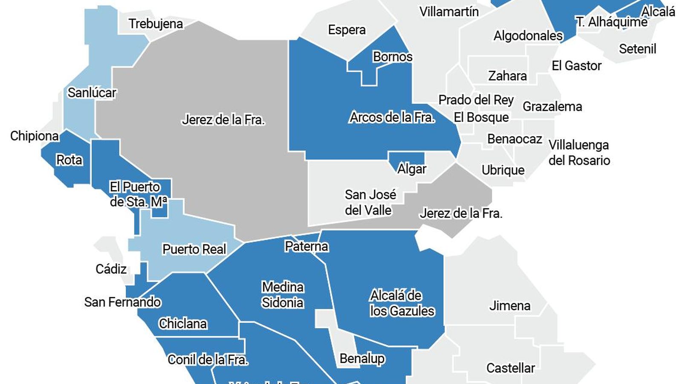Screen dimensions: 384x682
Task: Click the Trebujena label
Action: point(156,24)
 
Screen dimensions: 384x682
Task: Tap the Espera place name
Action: point(347,30)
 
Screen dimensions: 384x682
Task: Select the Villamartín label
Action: point(449,12)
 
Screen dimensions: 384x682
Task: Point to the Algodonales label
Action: point(528,36)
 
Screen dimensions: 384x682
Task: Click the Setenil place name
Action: point(637,49)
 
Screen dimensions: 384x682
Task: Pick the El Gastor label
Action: point(576,66)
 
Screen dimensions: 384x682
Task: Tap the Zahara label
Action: point(507,76)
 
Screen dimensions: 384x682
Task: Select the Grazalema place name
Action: point(552,107)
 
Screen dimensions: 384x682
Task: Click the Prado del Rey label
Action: point(476,100)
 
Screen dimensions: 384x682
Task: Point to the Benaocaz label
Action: point(514,139)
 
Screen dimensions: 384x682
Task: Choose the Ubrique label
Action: point(503,170)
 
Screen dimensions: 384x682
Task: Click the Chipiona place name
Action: point(35,136)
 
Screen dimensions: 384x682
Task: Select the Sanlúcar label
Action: point(92,93)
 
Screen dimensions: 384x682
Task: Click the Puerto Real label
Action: point(194,249)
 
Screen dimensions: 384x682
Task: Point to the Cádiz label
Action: point(111,269)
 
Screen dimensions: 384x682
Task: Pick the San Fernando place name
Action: point(122,302)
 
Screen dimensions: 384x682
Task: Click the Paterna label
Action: point(306,247)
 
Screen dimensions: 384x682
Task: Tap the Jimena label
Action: point(509,306)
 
